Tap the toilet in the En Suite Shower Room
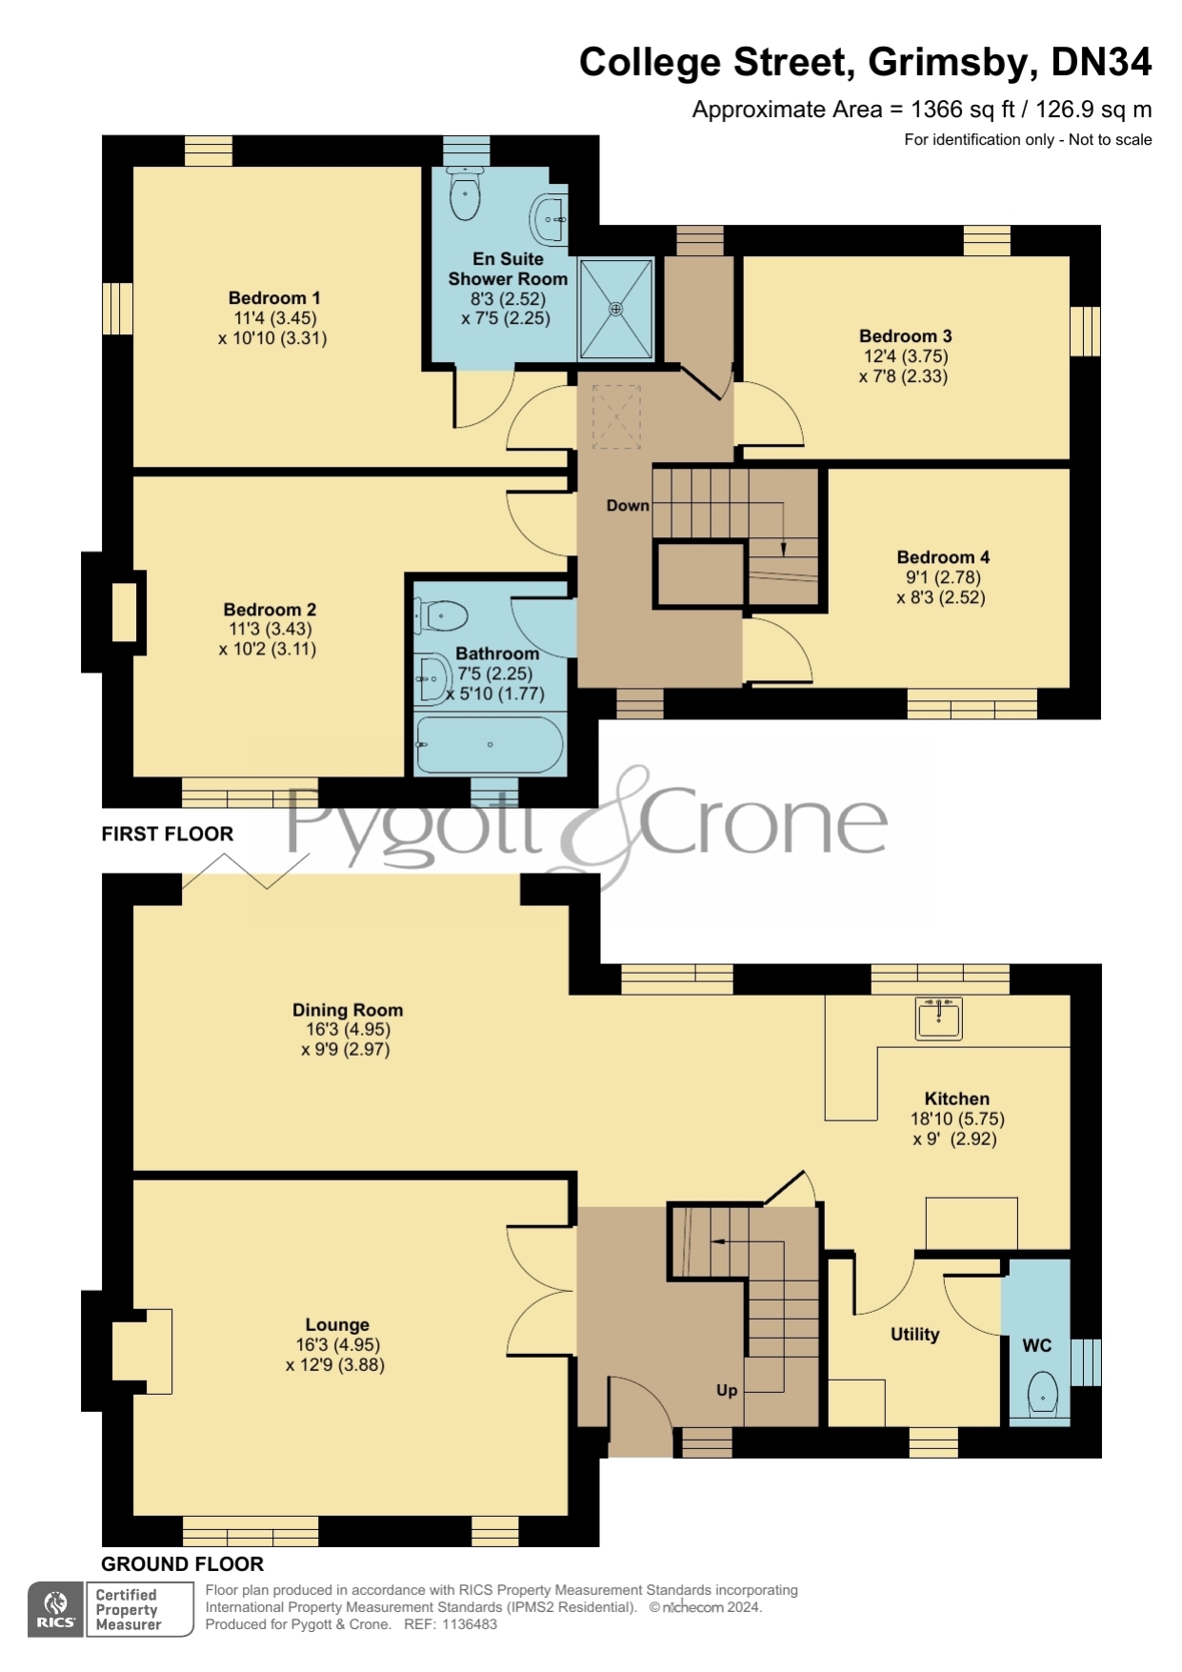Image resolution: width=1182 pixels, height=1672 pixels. [465, 193]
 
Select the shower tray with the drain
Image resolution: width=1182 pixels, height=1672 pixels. [616, 309]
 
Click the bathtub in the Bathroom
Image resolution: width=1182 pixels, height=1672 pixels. [489, 744]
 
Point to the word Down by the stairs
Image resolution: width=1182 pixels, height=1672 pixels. [628, 506]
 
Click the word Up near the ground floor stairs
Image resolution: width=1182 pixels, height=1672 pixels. [727, 1391]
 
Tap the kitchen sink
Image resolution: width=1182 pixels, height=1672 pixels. [939, 1017]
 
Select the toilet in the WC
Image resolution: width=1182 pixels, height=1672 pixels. [1044, 1393]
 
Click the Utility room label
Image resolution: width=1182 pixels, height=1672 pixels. [914, 1335]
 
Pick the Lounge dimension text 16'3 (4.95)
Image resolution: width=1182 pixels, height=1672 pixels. [337, 1345]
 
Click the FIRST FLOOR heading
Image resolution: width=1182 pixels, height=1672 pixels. [168, 834]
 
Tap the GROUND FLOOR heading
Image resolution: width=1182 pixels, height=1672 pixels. [183, 1564]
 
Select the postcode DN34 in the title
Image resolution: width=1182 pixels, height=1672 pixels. [1101, 63]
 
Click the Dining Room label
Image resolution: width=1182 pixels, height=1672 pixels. [348, 1010]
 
